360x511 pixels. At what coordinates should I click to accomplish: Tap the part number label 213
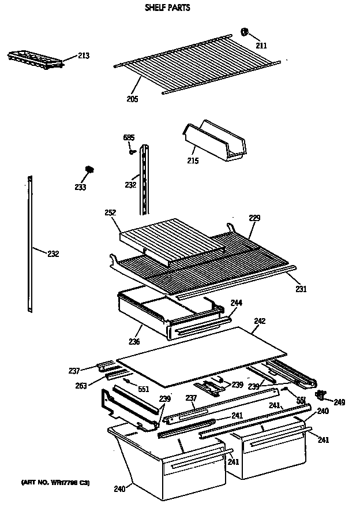(84, 55)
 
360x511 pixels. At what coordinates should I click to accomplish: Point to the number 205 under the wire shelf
(133, 98)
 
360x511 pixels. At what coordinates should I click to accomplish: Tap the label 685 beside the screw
(129, 137)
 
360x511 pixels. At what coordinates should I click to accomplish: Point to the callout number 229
(254, 218)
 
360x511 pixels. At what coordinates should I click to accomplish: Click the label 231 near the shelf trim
(301, 289)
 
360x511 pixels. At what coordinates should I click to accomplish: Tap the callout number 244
(236, 303)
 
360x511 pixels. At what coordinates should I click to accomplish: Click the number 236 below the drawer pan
(134, 342)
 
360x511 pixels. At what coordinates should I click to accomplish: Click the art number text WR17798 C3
(55, 482)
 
